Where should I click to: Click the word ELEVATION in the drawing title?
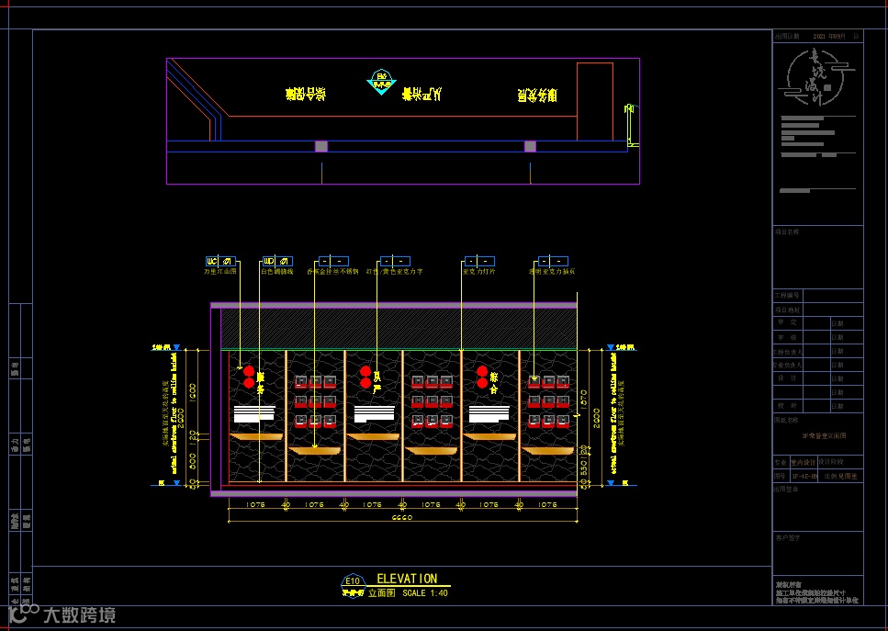coord(407,579)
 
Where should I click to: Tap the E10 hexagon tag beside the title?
coord(352,581)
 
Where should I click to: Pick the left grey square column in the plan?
coord(321,146)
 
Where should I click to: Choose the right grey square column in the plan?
coord(530,146)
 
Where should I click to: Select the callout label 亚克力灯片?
coord(478,272)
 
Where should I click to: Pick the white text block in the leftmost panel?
coord(254,413)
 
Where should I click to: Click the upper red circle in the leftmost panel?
coord(248,370)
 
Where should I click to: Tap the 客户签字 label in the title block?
coord(788,538)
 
